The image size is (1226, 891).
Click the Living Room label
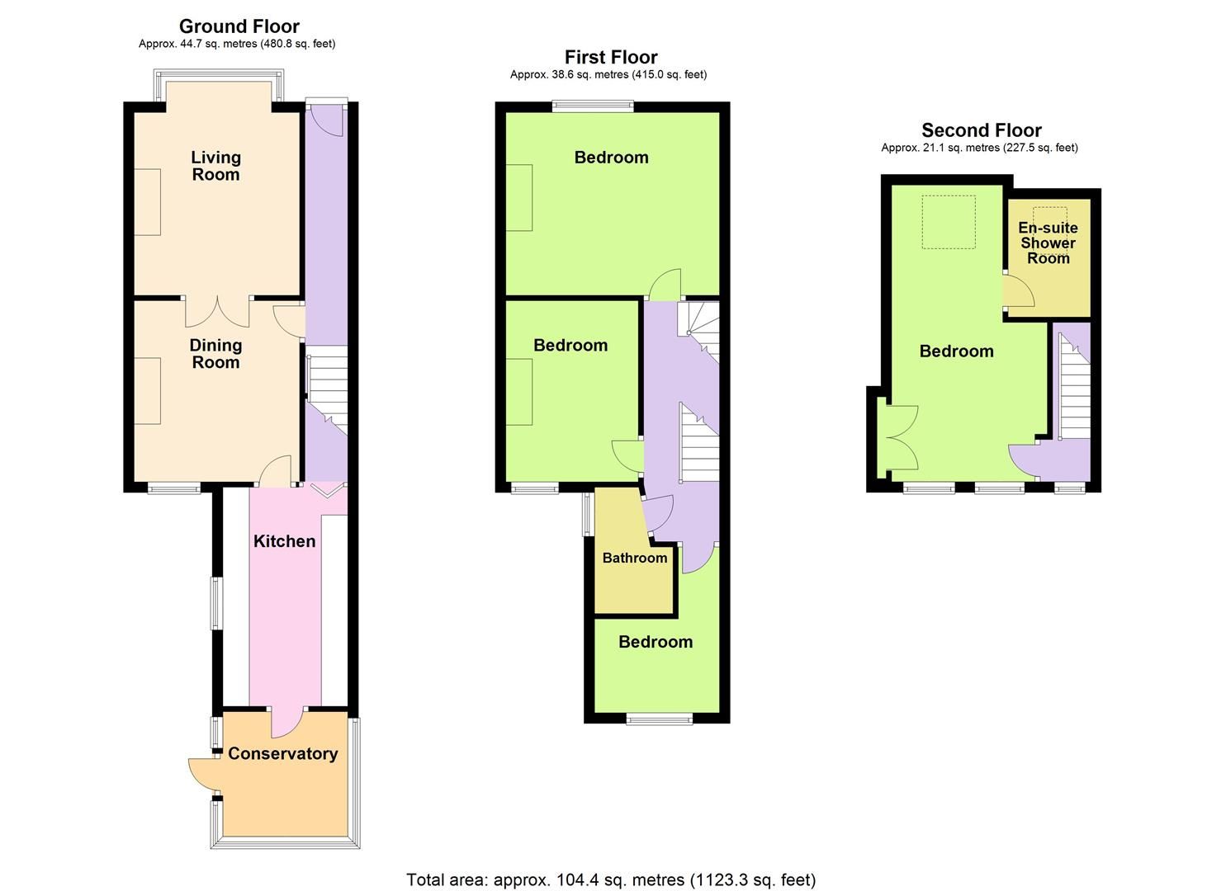[x=215, y=166]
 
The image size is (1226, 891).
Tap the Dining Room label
[x=215, y=354]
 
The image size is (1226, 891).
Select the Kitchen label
[x=284, y=541]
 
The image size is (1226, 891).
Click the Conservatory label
[x=282, y=753]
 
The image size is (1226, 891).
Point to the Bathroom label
[x=634, y=559]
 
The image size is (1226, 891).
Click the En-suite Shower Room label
[x=1048, y=243]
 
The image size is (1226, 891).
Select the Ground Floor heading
[x=239, y=26]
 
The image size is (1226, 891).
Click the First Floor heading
[x=611, y=57]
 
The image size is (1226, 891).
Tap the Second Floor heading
[x=981, y=130]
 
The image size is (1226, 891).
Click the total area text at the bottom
[x=611, y=879]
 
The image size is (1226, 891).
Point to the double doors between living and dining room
[x=217, y=311]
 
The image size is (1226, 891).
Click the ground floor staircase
[x=328, y=388]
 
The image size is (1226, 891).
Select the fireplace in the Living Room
[x=148, y=201]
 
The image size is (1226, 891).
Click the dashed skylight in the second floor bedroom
[x=949, y=222]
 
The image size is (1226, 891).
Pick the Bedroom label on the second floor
[x=956, y=351]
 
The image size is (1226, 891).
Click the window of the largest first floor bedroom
[x=593, y=105]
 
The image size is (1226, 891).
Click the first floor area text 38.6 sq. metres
[x=608, y=74]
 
